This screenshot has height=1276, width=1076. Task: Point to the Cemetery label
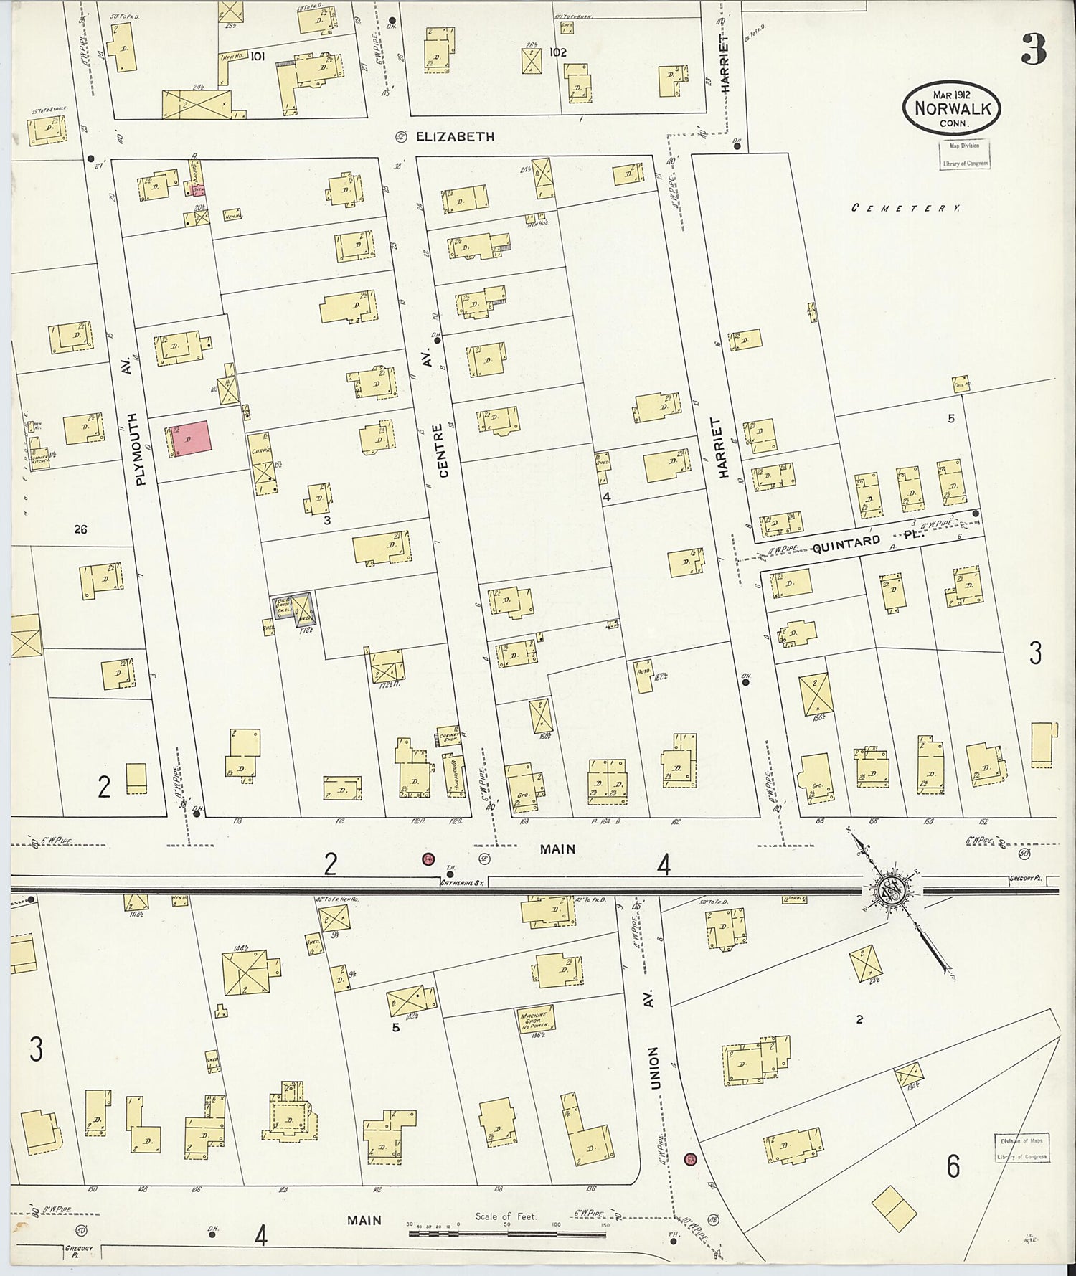[906, 207]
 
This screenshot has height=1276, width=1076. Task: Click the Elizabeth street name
[455, 136]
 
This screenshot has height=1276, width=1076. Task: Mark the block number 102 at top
[557, 52]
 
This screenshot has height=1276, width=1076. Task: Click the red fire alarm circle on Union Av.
[690, 1159]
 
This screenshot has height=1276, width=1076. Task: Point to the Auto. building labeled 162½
[644, 675]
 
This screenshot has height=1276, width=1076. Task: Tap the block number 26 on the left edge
[80, 529]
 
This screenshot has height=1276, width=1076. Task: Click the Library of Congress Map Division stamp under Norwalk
[964, 154]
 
